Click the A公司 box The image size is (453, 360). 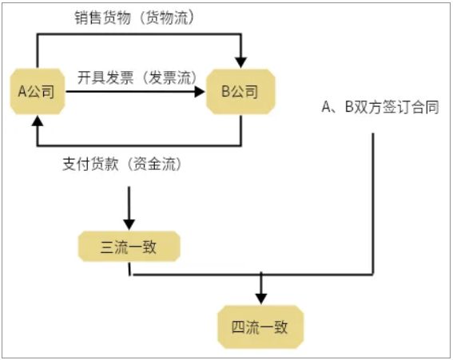click(38, 92)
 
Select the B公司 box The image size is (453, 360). click(240, 92)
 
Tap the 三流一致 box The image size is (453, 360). click(129, 247)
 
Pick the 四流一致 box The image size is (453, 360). click(260, 326)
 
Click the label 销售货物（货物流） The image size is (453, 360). click(134, 18)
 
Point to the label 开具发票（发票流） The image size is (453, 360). click(137, 77)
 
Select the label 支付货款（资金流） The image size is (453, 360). click(122, 164)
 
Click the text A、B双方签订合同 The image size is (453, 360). click(380, 107)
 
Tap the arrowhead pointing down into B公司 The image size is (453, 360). click(240, 62)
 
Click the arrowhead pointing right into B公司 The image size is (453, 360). click(200, 92)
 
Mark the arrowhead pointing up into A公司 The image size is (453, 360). click(38, 121)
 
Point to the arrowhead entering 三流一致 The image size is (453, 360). click(129, 224)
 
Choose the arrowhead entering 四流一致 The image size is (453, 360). click(261, 299)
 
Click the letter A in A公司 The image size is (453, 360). click(22, 92)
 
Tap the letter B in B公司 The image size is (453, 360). click(225, 92)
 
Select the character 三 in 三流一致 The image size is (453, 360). click(107, 247)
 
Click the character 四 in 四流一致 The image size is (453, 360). click(239, 327)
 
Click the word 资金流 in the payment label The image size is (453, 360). click(154, 164)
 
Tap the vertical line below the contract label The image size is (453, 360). click(372, 204)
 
